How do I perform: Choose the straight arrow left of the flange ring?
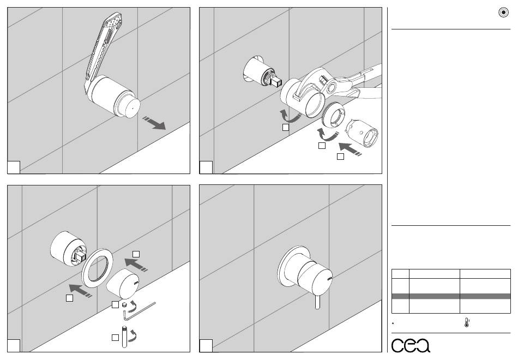(x=80, y=290)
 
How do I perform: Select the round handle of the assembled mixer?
(x=312, y=274)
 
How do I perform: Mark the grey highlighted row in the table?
(x=451, y=296)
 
